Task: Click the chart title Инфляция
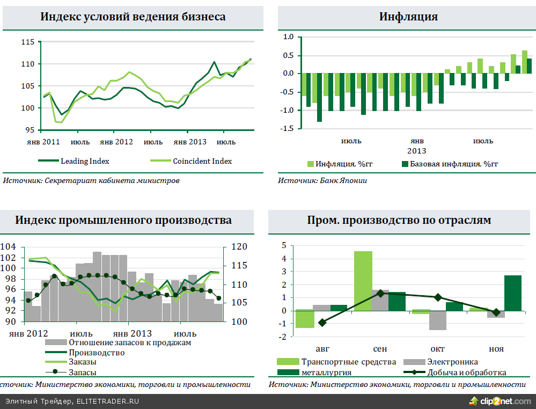click(408, 17)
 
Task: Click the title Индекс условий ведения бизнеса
click(133, 17)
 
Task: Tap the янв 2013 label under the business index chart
click(190, 142)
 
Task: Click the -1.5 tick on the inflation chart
click(288, 129)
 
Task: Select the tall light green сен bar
click(363, 280)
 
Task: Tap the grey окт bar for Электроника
click(438, 320)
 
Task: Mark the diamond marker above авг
click(322, 323)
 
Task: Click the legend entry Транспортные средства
click(349, 362)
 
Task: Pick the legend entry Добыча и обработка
click(466, 373)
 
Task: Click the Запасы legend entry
click(83, 372)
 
